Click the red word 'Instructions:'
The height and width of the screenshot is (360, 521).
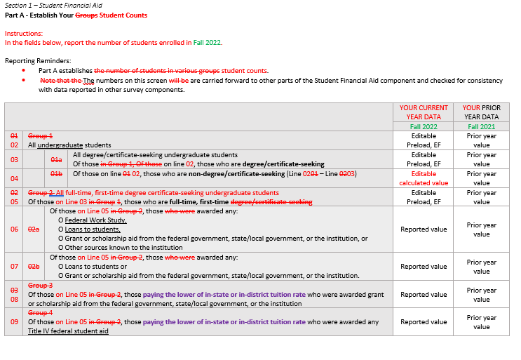click(24, 33)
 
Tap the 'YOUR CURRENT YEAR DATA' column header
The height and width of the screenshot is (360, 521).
click(424, 112)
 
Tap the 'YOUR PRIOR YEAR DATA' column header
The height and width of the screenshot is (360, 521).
click(481, 112)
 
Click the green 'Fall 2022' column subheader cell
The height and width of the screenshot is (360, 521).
click(424, 126)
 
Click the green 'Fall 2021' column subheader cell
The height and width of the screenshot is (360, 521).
click(481, 126)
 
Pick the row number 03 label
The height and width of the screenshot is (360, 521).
click(14, 159)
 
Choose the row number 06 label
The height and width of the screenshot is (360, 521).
click(14, 229)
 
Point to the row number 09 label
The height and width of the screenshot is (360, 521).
click(14, 322)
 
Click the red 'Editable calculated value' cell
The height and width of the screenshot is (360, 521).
click(424, 178)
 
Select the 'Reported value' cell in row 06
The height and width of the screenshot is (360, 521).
click(424, 229)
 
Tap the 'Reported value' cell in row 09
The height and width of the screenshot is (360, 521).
click(424, 322)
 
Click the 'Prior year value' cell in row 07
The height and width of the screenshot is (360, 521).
click(481, 267)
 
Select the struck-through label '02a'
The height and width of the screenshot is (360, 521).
click(34, 229)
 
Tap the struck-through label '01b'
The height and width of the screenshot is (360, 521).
click(57, 174)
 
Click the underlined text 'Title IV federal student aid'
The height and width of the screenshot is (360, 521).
click(68, 331)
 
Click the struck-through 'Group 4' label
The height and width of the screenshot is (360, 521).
click(40, 313)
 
